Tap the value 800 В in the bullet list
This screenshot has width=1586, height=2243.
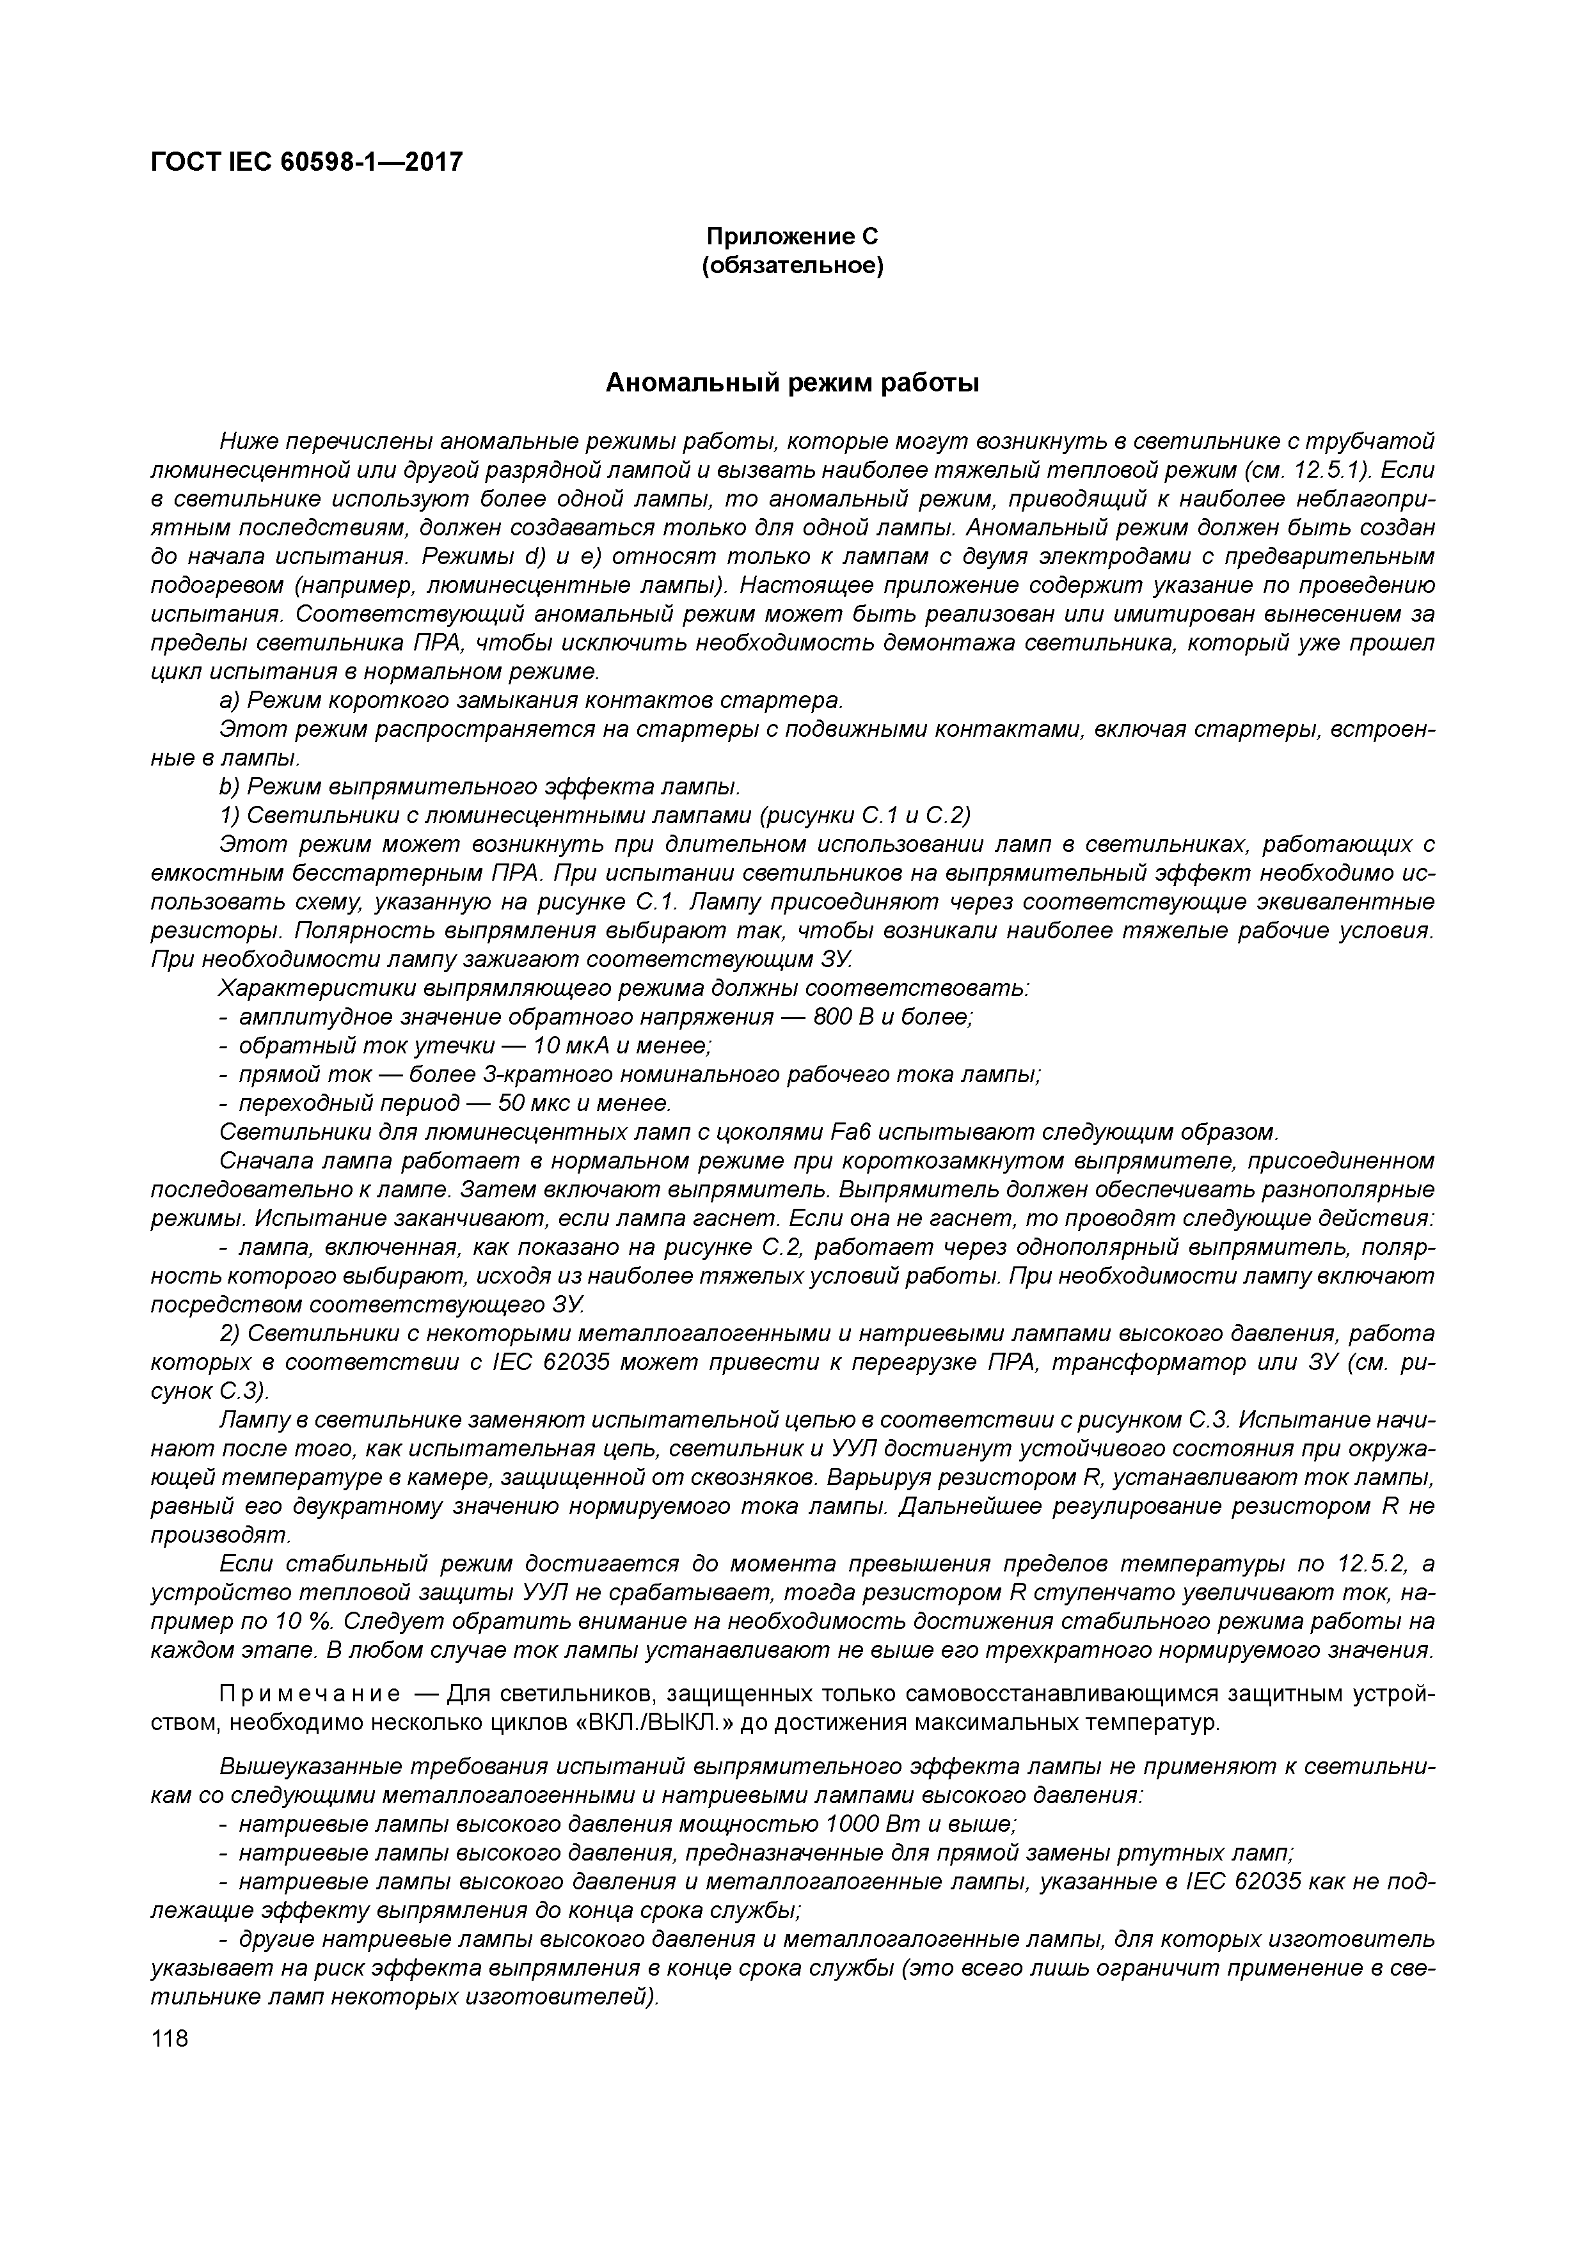tap(841, 1017)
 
